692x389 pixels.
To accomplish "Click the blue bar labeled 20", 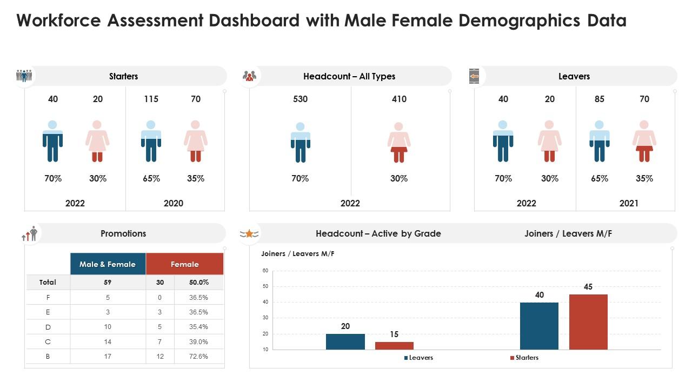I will click(345, 341).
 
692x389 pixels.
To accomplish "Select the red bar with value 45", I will click(588, 321).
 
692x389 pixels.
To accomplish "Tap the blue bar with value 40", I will click(539, 326).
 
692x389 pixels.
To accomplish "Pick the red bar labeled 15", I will click(394, 346).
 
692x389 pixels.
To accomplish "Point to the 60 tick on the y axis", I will click(265, 271).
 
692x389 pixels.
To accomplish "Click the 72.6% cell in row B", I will click(198, 357).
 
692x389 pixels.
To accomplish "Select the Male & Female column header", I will click(108, 264).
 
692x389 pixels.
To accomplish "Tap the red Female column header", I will click(185, 264).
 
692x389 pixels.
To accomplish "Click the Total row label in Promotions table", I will click(48, 282).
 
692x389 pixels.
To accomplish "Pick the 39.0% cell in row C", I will click(198, 341).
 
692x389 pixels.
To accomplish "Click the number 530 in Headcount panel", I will click(300, 99).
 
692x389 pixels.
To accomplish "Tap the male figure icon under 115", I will click(151, 141).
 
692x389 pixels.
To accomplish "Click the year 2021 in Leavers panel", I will click(629, 203).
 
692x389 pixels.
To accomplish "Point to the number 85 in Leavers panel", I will click(600, 99).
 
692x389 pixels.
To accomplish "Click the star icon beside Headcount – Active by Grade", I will click(249, 233).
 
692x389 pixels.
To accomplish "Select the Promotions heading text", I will click(123, 233).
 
